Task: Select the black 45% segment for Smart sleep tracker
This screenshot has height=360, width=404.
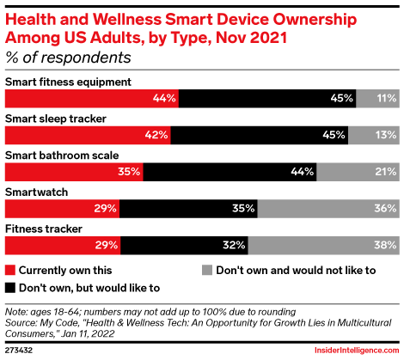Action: click(x=259, y=135)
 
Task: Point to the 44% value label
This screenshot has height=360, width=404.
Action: click(x=164, y=99)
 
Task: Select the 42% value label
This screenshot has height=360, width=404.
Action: click(x=156, y=135)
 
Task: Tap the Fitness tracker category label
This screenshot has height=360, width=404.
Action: click(x=43, y=228)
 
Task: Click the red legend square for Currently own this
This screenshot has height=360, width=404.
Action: click(x=10, y=270)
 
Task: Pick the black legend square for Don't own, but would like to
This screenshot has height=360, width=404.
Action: click(x=10, y=287)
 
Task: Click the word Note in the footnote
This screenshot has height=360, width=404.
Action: click(x=16, y=309)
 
